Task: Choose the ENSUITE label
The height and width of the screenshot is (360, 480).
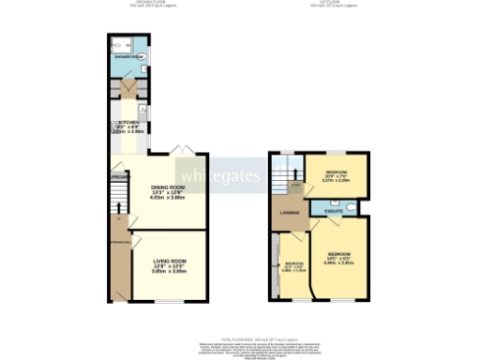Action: pos(333,212)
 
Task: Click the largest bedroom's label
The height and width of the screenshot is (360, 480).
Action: pos(338,255)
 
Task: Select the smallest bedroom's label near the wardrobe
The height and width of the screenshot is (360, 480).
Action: pos(294,263)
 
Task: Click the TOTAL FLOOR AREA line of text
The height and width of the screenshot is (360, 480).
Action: pos(240,337)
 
